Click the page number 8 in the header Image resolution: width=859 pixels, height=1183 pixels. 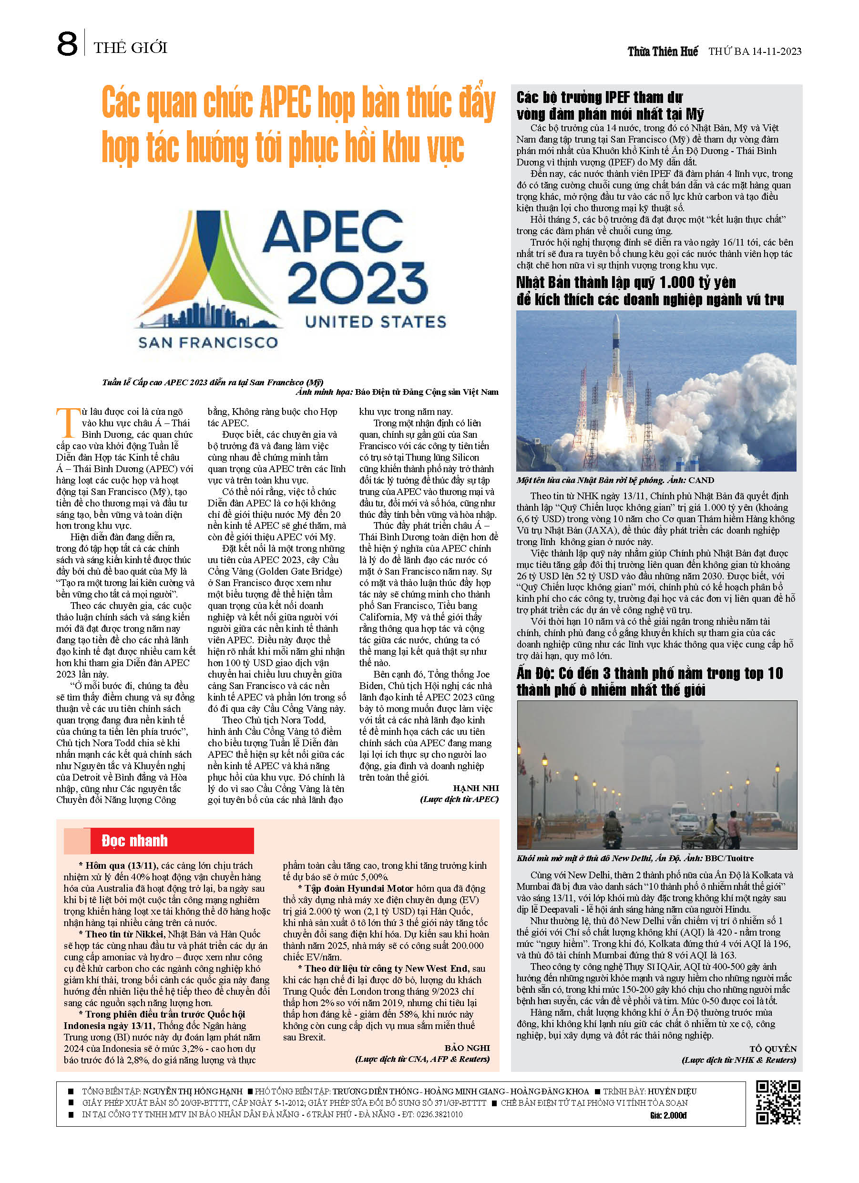point(67,44)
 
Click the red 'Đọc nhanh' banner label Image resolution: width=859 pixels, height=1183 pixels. point(134,841)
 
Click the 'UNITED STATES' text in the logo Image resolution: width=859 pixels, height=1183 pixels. point(376,322)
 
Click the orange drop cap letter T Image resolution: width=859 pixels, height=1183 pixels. point(67,423)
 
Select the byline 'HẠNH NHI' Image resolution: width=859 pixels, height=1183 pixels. point(475,788)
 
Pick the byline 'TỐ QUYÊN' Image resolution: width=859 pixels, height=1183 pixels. point(772,1049)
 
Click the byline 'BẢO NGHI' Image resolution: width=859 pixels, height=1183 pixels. point(467,1048)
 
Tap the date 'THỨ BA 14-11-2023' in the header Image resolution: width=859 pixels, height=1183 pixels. point(754,51)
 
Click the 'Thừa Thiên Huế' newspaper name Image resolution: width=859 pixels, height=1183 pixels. point(663,51)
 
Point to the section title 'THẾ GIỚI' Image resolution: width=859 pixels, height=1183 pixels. point(131,48)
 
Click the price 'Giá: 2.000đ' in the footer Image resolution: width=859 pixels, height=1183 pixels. point(668,1115)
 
